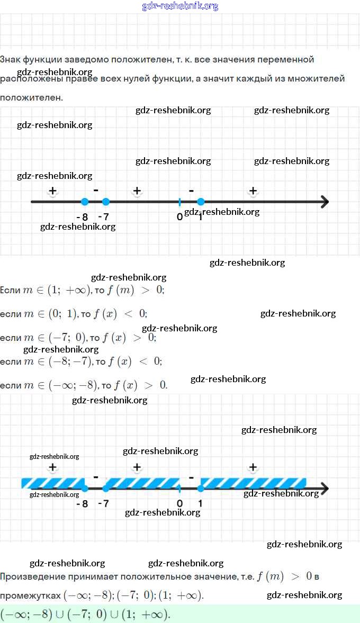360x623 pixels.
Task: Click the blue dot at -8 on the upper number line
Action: (84, 202)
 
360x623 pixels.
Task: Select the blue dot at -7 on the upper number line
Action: (105, 202)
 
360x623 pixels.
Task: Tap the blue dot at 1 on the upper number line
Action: (201, 202)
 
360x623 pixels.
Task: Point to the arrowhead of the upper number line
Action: (324, 202)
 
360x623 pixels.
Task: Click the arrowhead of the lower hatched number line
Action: (324, 488)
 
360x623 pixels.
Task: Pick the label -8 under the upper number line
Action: (82, 217)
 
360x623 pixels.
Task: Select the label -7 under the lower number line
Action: (103, 503)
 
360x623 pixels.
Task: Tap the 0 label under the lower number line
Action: (179, 503)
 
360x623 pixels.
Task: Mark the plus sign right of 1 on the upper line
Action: (253, 191)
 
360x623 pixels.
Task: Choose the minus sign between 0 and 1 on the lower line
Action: (191, 476)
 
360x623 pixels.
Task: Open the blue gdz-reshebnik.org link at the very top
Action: (180, 6)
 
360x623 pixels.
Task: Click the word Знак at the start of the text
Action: (12, 59)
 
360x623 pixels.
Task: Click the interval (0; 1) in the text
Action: (62, 313)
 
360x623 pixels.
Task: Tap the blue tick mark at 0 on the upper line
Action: (179, 202)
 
